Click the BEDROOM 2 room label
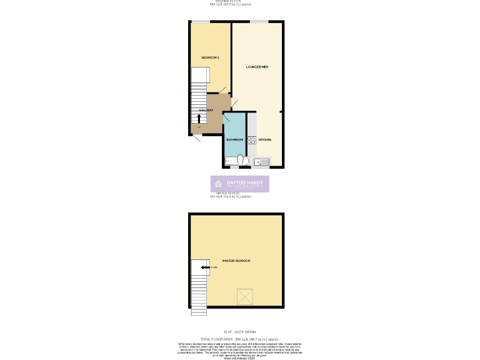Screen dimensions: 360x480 tap(210, 57)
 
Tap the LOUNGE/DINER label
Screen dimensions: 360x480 tap(257, 67)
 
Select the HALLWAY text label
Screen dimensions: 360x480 tap(206, 110)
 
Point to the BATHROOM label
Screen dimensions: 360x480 tap(234, 139)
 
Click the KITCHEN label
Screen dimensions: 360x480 tap(264, 139)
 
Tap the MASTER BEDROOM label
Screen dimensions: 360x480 tap(236, 260)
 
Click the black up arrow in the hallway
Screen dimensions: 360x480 tap(199, 117)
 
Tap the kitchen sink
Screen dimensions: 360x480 tap(261, 162)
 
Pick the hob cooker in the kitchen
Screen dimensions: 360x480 tap(252, 140)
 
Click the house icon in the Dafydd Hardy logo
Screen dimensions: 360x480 tap(218, 184)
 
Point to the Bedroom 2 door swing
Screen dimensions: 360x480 tap(222, 91)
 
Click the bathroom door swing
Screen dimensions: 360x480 tap(227, 116)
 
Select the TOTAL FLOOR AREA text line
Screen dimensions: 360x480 tap(240, 337)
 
